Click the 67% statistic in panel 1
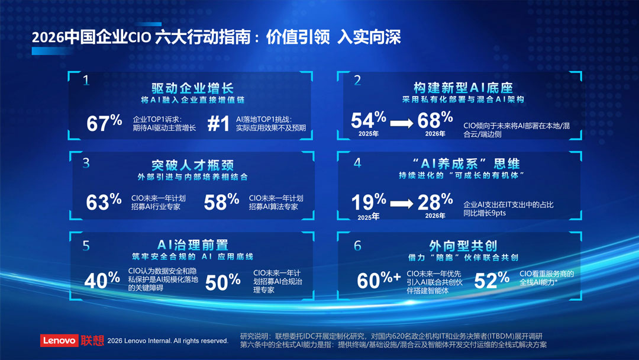click(x=104, y=123)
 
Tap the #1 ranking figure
click(x=218, y=124)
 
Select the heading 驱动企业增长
click(x=192, y=88)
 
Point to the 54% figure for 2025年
click(x=369, y=120)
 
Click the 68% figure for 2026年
click(x=435, y=120)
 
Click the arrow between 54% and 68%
click(x=402, y=123)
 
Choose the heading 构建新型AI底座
click(x=463, y=87)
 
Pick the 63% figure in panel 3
click(x=104, y=201)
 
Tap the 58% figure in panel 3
click(x=221, y=201)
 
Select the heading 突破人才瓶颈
click(x=192, y=165)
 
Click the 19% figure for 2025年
click(x=369, y=201)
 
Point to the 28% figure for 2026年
click(x=435, y=201)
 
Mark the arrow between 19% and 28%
click(x=402, y=204)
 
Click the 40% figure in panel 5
click(x=102, y=280)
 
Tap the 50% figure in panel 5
click(x=222, y=282)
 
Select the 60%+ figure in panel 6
click(x=379, y=280)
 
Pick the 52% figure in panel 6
click(x=492, y=280)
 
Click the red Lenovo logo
click(x=59, y=340)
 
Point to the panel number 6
click(x=357, y=246)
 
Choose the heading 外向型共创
click(x=463, y=246)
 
